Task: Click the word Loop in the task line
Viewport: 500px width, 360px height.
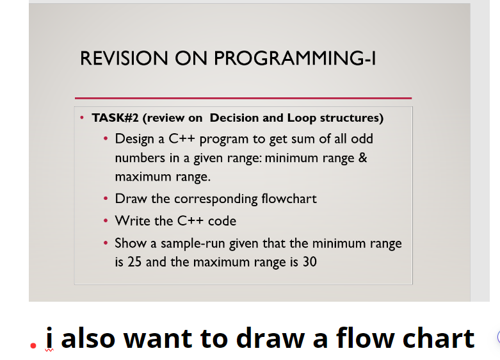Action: pos(301,118)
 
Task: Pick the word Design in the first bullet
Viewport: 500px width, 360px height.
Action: pos(132,139)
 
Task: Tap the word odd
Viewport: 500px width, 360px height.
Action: pos(362,139)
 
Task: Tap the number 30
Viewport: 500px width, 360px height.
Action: pos(309,262)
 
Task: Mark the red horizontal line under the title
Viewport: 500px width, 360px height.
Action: pos(243,98)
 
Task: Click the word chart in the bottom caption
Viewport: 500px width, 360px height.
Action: pos(438,338)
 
